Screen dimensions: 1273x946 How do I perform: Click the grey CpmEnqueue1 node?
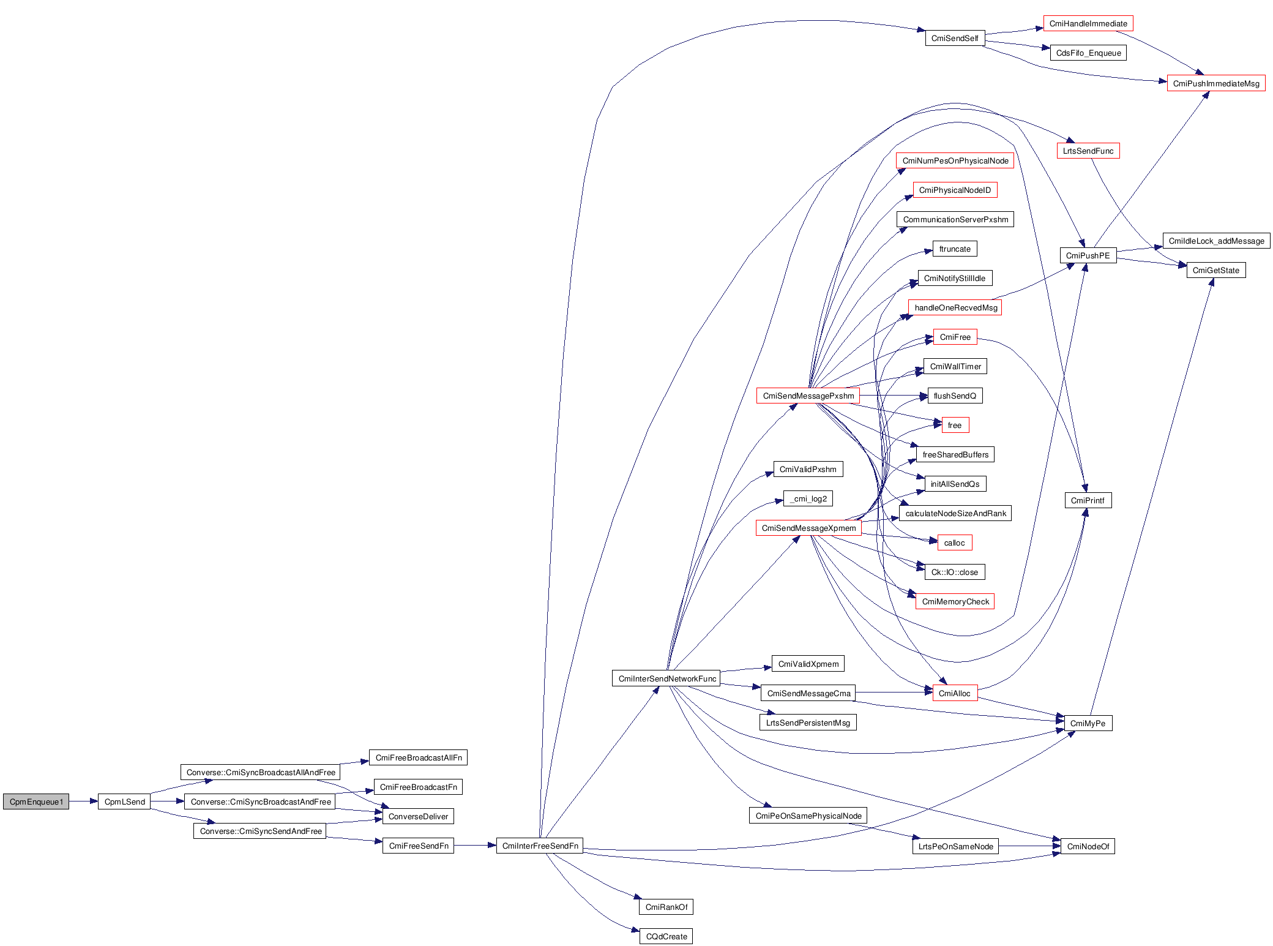36,801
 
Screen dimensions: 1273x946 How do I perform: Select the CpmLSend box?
124,801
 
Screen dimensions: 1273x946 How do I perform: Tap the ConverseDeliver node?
418,816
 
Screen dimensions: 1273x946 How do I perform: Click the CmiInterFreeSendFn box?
540,846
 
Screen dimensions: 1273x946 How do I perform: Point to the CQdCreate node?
666,936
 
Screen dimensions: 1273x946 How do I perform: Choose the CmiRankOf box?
666,907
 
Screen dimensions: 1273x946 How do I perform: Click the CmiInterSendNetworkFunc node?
666,678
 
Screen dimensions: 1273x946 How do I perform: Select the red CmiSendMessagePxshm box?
808,396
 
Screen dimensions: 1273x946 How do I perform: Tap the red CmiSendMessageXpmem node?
808,528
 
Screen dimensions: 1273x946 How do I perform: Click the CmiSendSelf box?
955,38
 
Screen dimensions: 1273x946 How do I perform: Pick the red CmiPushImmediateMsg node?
1216,83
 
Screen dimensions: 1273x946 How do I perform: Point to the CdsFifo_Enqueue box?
1088,53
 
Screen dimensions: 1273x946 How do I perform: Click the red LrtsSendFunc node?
1088,151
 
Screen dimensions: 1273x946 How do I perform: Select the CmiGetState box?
1216,270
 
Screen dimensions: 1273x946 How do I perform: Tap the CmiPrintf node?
1088,500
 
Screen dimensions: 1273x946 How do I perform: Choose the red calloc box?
955,542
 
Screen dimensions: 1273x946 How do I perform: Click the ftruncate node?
955,249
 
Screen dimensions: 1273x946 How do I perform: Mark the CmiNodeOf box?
1088,846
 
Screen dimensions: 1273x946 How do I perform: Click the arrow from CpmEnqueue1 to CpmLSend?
83,801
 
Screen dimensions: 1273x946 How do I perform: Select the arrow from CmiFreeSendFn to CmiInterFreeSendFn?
475,846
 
